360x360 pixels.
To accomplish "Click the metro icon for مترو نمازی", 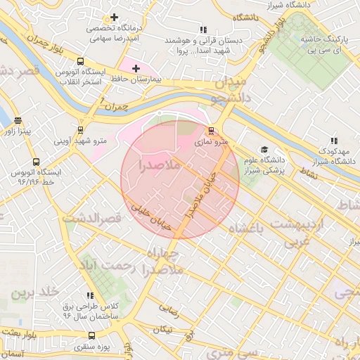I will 211,130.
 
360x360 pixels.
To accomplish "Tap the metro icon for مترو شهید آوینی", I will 81,130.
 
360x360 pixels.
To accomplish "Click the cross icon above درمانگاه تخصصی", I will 114,17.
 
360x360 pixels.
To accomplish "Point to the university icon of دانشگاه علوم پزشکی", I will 264,149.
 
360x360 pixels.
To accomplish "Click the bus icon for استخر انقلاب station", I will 80,61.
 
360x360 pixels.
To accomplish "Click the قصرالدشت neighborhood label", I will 93,219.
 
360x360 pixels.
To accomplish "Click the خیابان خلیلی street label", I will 151,211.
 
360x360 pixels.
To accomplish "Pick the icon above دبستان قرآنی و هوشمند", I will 203,30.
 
